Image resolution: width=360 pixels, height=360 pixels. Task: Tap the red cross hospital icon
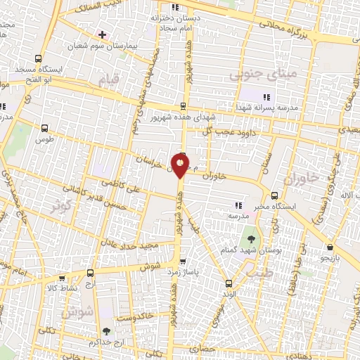[x=103, y=34]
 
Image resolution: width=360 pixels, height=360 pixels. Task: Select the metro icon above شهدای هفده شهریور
[x=184, y=106]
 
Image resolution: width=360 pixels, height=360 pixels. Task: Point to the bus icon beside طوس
[x=45, y=128]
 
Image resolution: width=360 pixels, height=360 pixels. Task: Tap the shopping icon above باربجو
[x=330, y=247]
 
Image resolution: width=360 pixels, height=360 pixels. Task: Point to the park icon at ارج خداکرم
[x=107, y=329]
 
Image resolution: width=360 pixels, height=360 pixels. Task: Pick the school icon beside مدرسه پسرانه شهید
[x=266, y=97]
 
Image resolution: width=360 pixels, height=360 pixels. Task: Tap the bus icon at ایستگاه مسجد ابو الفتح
[x=38, y=59]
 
